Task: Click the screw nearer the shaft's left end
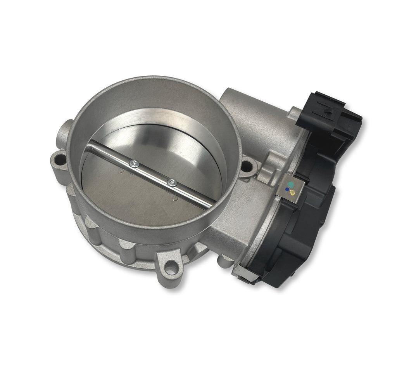point(134,164)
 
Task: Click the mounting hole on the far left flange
point(59,158)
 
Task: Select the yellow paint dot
point(293,192)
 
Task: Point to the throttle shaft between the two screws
point(153,174)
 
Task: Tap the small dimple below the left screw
point(122,171)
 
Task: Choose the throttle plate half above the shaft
point(171,148)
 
